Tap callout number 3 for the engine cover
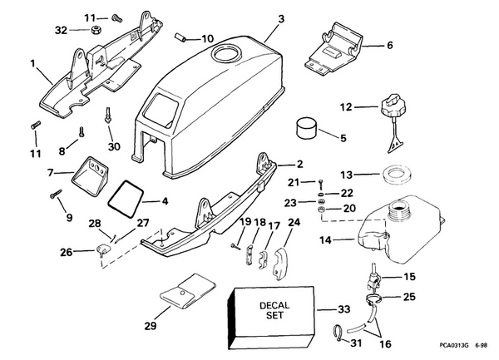pyautogui.click(x=281, y=18)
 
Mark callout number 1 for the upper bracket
pyautogui.click(x=32, y=63)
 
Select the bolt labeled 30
pyautogui.click(x=109, y=117)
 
